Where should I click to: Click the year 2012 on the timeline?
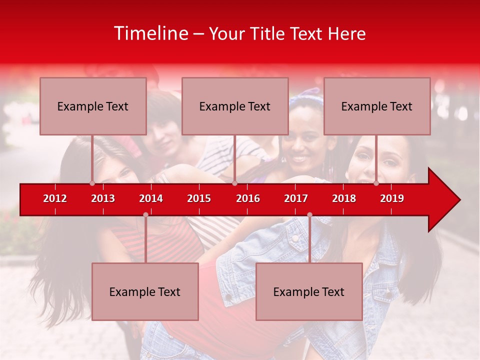pos(55,198)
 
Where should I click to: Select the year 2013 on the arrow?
pos(103,198)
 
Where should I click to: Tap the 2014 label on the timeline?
pos(151,198)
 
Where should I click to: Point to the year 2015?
pos(199,198)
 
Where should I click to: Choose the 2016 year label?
pos(248,198)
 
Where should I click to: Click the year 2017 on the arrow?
pos(296,198)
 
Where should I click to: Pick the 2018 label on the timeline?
pos(344,198)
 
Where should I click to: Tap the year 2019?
pos(392,198)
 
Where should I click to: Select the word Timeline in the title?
pos(150,33)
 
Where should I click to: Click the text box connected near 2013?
pos(93,106)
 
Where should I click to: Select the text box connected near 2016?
pos(235,106)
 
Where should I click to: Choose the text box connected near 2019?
pos(377,106)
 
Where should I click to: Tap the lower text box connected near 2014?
pos(145,291)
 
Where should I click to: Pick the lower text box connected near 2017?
pos(309,291)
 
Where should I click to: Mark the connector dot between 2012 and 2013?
pos(92,183)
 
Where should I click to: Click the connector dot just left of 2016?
pos(234,183)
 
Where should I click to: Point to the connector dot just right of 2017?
pos(309,215)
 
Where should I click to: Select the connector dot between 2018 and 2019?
pos(376,183)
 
